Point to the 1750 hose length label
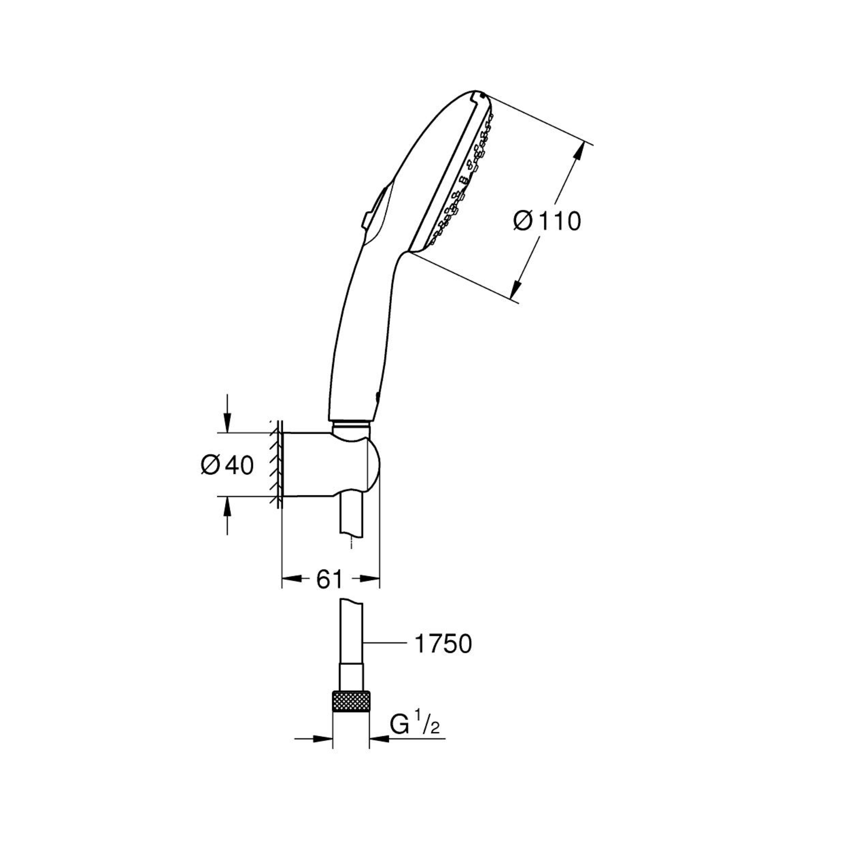pos(443,656)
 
